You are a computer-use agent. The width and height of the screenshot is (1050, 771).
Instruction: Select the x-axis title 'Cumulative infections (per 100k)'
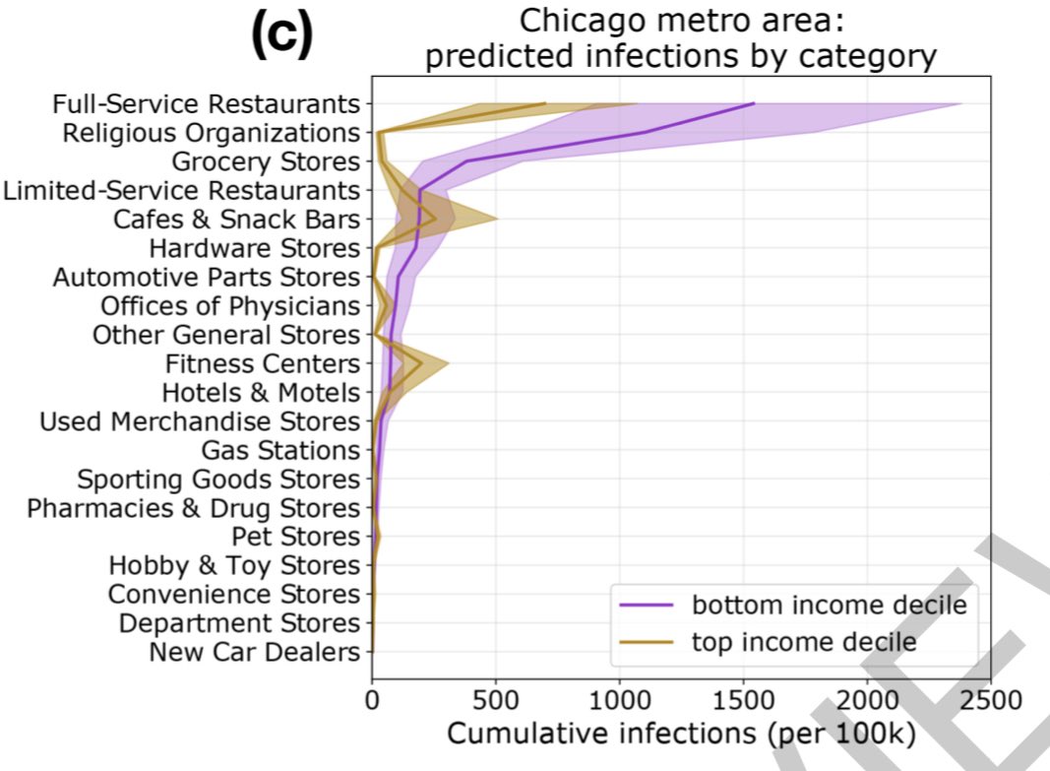[x=681, y=734]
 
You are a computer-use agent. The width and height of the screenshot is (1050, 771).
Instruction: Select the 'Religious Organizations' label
[x=212, y=132]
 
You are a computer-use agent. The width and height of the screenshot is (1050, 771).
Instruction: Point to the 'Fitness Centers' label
[x=263, y=363]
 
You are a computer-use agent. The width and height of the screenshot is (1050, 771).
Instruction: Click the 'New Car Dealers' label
[x=255, y=652]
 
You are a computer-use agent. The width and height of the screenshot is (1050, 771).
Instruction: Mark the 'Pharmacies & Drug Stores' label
[x=194, y=508]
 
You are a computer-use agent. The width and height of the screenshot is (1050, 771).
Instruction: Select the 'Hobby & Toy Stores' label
[x=235, y=565]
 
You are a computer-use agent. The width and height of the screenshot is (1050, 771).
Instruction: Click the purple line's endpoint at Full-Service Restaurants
[x=754, y=103]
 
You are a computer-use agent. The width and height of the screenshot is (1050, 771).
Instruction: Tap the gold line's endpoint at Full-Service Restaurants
[x=545, y=103]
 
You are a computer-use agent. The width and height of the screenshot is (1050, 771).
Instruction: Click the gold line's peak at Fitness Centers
[x=422, y=363]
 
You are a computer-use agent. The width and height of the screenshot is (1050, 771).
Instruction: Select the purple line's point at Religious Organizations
[x=646, y=132]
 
